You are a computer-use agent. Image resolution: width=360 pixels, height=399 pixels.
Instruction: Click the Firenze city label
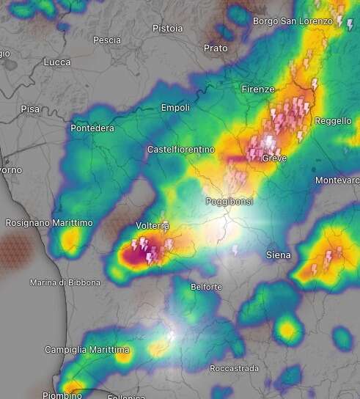(x=257, y=89)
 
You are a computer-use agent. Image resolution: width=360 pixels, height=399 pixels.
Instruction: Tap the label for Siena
(x=278, y=255)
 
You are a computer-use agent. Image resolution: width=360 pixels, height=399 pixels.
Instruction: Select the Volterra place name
(x=153, y=225)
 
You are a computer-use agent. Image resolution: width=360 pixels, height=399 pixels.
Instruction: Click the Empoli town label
(x=175, y=108)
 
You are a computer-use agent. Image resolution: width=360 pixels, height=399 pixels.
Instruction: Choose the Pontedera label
(x=92, y=128)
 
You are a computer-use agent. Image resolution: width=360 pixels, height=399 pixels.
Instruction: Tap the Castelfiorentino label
(x=181, y=150)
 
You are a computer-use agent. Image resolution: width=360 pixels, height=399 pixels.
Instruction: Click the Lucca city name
(x=57, y=62)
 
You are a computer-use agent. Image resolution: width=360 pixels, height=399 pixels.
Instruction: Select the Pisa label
(x=30, y=109)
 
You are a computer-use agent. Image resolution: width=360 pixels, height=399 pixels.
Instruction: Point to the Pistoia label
(x=167, y=29)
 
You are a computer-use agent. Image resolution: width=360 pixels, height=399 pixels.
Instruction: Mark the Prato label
(x=216, y=48)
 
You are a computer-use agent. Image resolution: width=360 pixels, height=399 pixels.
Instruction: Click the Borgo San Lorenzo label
(x=293, y=21)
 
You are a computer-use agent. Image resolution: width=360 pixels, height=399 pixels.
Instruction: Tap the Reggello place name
(x=333, y=121)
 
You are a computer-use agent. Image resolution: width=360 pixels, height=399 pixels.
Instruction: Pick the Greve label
(x=274, y=158)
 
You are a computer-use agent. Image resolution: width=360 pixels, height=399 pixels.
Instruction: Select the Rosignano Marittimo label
(x=49, y=222)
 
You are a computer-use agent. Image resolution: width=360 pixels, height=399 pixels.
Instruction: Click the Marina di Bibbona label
(x=65, y=282)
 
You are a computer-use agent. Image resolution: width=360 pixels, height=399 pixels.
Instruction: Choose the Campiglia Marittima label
(x=87, y=349)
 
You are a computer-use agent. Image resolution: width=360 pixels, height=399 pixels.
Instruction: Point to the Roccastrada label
(x=232, y=367)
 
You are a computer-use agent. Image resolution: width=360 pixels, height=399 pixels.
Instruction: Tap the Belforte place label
(x=205, y=287)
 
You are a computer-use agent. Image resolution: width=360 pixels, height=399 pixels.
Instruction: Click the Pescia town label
(x=107, y=40)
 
